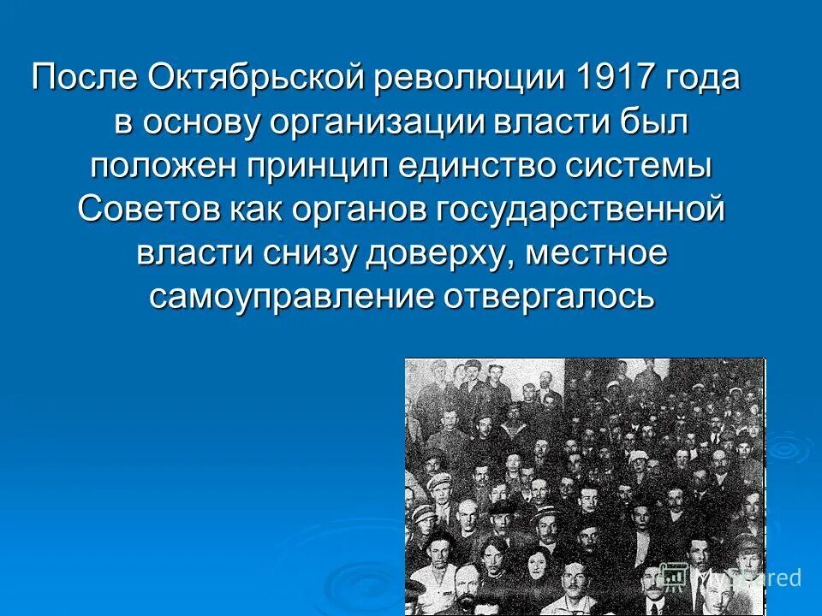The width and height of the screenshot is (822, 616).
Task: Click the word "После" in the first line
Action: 84,79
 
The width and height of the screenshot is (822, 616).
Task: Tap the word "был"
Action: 658,123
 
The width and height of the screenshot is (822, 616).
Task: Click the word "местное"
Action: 596,254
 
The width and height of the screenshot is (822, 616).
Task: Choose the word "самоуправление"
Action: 289,298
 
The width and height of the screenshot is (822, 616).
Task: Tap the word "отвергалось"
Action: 549,298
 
